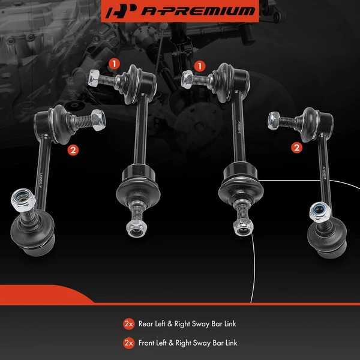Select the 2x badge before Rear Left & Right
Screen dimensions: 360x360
[x=128, y=324]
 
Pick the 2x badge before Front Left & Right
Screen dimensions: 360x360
[x=128, y=343]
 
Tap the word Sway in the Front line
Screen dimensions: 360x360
[x=200, y=343]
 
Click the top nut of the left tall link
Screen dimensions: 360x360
[x=94, y=78]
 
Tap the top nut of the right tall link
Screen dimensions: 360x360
[x=187, y=77]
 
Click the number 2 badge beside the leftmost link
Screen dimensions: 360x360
[x=73, y=151]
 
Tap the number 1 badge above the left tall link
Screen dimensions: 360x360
[x=113, y=62]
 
